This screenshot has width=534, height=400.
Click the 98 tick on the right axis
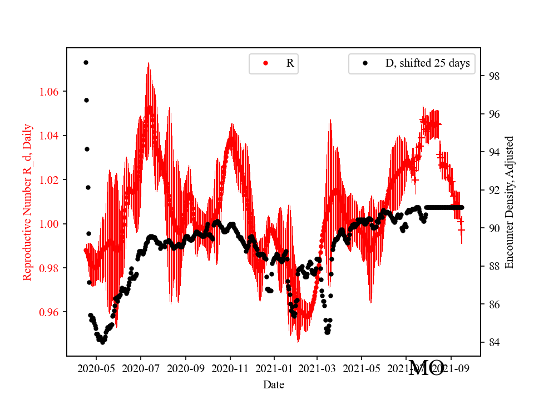[492, 76]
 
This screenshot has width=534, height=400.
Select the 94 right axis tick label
[492, 152]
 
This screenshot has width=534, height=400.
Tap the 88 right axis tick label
[492, 267]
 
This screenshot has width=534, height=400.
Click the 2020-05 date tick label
[96, 368]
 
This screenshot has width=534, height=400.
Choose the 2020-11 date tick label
[229, 368]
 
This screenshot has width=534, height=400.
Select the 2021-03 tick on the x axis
[317, 368]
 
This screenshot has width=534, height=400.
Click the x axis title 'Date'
[274, 384]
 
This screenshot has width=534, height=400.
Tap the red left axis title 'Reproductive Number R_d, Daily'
[27, 202]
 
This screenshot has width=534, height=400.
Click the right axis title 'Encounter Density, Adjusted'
[509, 202]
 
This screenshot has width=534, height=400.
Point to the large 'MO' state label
[426, 368]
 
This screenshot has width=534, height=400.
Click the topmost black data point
[86, 62]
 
